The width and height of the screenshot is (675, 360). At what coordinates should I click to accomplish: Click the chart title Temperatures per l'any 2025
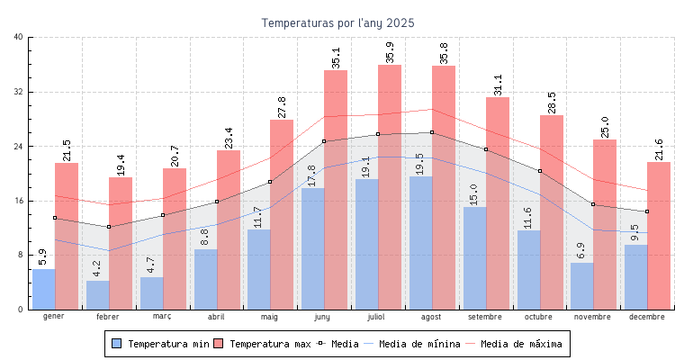338,22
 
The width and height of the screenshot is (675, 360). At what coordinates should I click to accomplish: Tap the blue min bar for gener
43,289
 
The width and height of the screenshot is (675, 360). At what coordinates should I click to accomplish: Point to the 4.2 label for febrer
97,267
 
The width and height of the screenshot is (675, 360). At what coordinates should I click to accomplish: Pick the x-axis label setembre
486,317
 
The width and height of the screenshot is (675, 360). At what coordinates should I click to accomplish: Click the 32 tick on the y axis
19,92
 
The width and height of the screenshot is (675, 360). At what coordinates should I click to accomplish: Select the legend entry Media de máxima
521,344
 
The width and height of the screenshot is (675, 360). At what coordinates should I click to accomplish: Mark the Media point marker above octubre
540,171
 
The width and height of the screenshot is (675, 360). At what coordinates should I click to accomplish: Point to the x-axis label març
162,317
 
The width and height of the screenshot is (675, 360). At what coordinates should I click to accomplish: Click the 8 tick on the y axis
21,255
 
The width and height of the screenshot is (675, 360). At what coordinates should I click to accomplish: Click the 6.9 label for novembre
580,249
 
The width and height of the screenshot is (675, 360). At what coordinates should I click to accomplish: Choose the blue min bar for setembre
474,258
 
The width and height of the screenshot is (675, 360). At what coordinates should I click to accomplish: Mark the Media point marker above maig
270,183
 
